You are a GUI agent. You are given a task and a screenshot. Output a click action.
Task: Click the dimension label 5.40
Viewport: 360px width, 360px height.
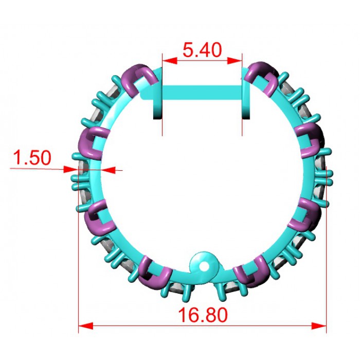pyautogui.click(x=202, y=50)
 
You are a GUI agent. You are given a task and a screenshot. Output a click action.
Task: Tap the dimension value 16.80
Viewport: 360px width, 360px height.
pyautogui.click(x=203, y=315)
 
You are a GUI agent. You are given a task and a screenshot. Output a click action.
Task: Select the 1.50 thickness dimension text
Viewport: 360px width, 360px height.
pyautogui.click(x=32, y=157)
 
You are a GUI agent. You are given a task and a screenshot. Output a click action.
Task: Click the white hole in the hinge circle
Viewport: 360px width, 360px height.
pyautogui.click(x=204, y=266)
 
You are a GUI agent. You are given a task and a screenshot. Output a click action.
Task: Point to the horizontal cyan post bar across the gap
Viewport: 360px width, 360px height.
pyautogui.click(x=202, y=93)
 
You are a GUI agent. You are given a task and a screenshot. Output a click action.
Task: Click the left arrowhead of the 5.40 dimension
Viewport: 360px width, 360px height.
pyautogui.click(x=170, y=61)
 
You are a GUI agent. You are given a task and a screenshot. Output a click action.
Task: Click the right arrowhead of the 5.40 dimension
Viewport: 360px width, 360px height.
pyautogui.click(x=235, y=61)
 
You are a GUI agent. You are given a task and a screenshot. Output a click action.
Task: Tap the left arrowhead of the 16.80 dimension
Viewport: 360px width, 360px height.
pyautogui.click(x=86, y=326)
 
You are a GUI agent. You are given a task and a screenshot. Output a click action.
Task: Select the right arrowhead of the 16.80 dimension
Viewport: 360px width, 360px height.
pyautogui.click(x=319, y=326)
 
